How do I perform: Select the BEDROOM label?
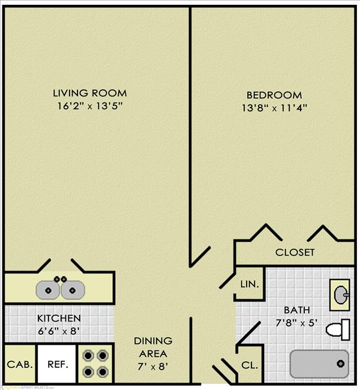pyautogui.click(x=274, y=95)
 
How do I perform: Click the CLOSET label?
pyautogui.click(x=295, y=253)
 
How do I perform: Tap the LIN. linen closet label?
pyautogui.click(x=250, y=284)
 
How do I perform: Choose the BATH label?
pyautogui.click(x=297, y=310)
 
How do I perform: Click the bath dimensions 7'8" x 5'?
pyautogui.click(x=297, y=322)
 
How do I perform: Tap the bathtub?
pyautogui.click(x=319, y=364)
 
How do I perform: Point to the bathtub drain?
pyautogui.click(x=340, y=364)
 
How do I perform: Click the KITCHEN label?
pyautogui.click(x=59, y=318)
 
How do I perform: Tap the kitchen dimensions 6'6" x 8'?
pyautogui.click(x=59, y=330)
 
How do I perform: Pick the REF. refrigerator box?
pyautogui.click(x=58, y=364)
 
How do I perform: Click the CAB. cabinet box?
pyautogui.click(x=20, y=364)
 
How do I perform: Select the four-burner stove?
pyautogui.click(x=96, y=363)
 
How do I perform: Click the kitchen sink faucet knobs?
pyautogui.click(x=60, y=279)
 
